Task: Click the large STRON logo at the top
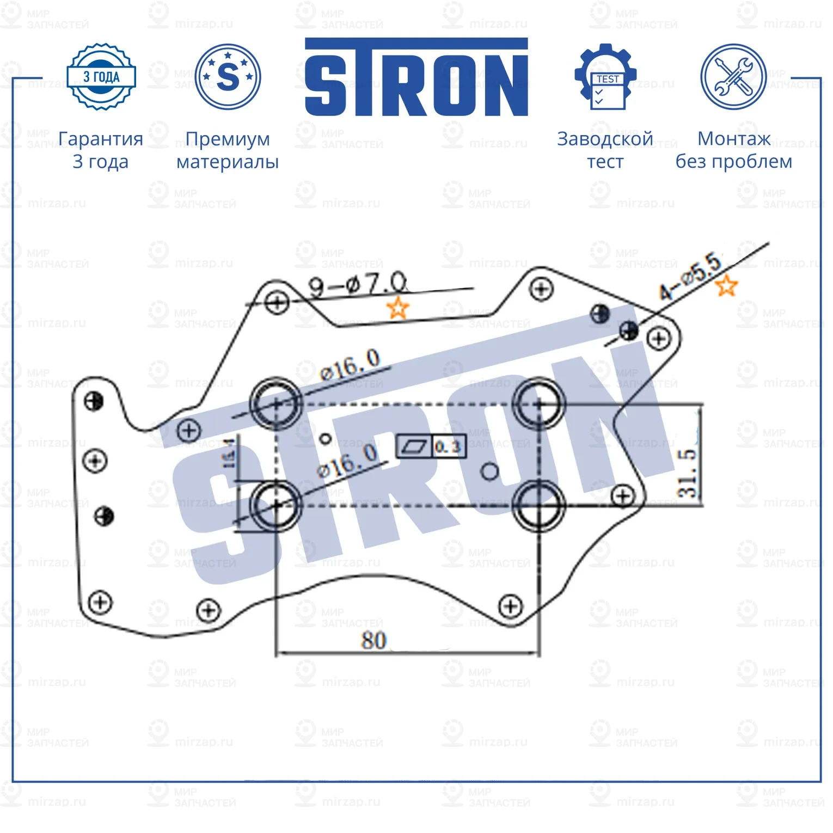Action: (416, 77)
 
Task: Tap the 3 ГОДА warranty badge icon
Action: (101, 77)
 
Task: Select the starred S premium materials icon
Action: (228, 77)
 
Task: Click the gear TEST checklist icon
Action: (605, 77)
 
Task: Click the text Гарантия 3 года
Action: (101, 150)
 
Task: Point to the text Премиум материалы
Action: (228, 150)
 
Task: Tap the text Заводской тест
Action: (605, 150)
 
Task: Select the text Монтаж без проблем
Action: (733, 150)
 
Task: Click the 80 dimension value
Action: (373, 640)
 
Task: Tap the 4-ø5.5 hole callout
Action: (690, 276)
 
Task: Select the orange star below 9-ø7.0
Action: (397, 308)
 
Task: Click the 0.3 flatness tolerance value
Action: (448, 447)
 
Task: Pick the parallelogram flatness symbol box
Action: (414, 447)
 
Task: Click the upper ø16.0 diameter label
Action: (350, 365)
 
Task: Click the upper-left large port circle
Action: (276, 403)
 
